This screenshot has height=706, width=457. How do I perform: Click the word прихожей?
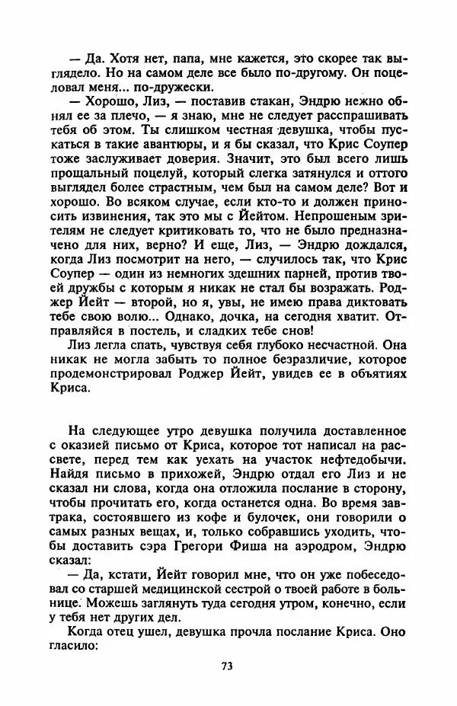[170, 475]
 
